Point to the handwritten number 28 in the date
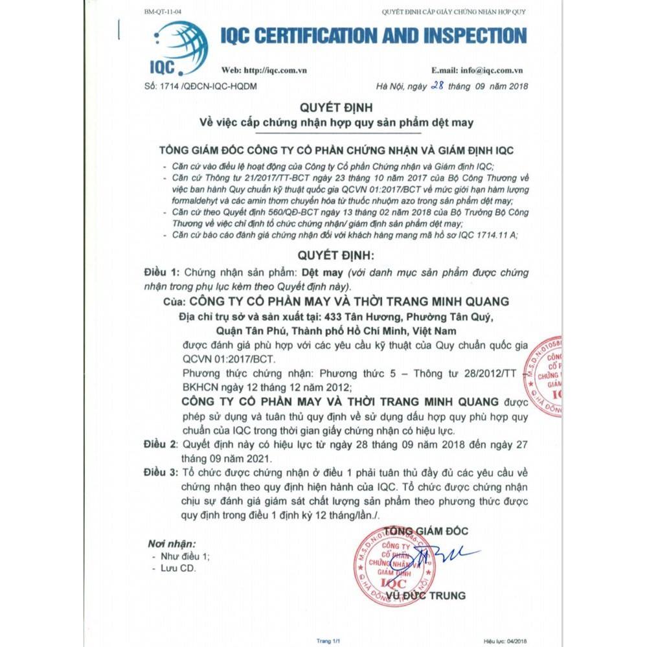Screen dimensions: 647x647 [437, 85]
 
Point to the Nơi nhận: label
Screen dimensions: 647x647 [172, 543]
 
